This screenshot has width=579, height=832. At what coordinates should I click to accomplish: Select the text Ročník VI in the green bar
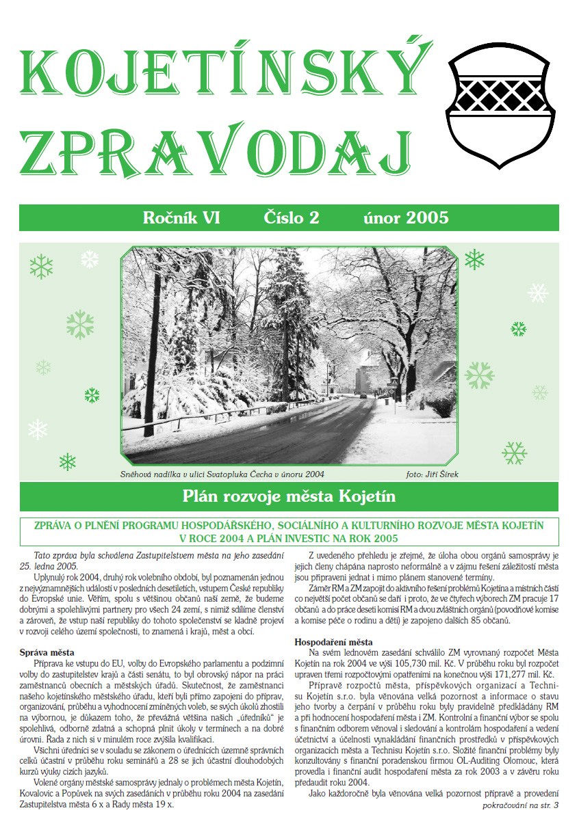click(181, 218)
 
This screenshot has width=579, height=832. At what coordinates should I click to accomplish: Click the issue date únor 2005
click(406, 218)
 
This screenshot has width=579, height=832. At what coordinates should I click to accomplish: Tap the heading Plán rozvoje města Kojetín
click(289, 495)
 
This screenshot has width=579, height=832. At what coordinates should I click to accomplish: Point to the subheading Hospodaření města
click(333, 642)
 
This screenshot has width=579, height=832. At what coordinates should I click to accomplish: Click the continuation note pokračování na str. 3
click(520, 806)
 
